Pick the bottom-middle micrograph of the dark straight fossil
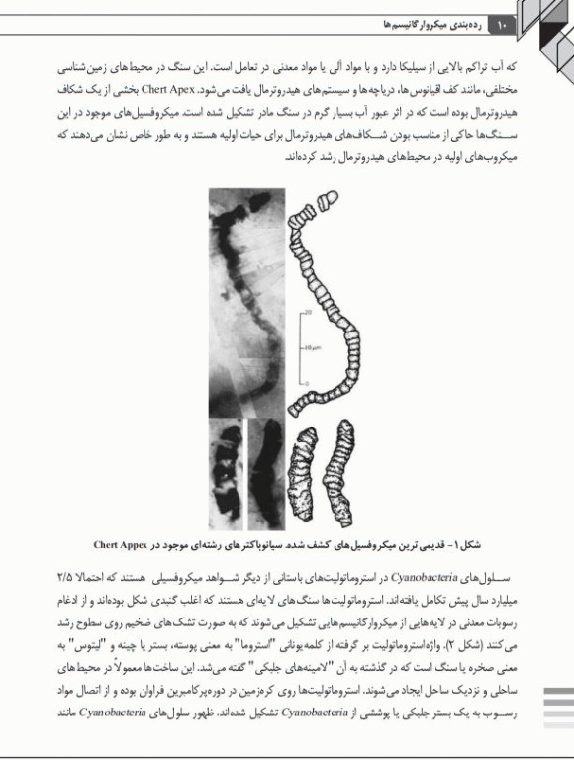click(x=265, y=470)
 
